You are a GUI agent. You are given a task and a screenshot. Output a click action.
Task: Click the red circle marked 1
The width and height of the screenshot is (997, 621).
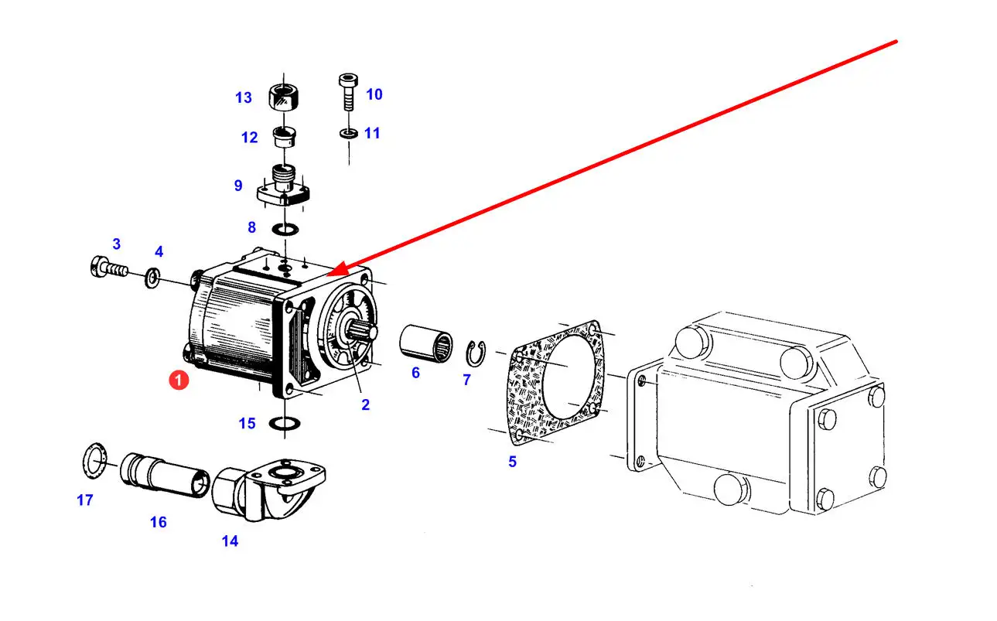[x=179, y=380]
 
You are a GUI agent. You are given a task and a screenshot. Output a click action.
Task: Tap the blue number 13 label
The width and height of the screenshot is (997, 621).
[x=244, y=97]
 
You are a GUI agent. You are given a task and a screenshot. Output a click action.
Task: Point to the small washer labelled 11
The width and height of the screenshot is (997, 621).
[x=348, y=135]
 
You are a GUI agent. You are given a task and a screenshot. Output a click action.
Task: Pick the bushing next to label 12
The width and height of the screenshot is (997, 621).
[x=285, y=138]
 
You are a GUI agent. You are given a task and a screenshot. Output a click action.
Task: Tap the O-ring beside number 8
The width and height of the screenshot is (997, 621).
[x=285, y=229]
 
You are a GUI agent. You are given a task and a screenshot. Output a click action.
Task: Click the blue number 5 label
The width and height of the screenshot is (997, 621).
[x=512, y=462]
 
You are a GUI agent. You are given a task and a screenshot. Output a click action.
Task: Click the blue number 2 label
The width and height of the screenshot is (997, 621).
[x=365, y=404]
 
